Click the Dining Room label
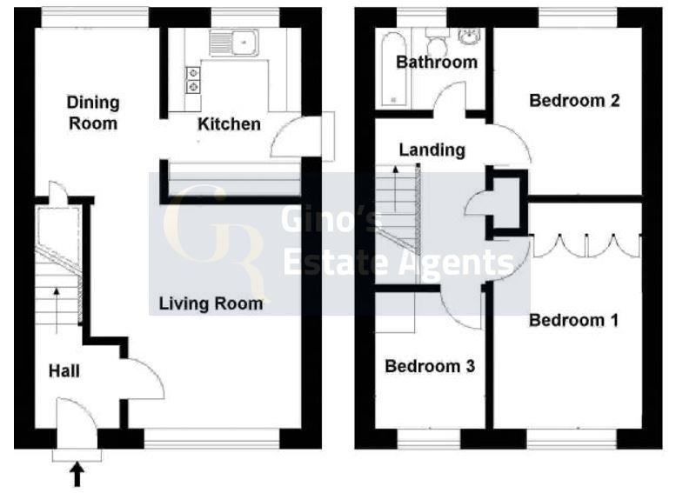(93, 113)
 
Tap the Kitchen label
(229, 124)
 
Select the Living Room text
(211, 303)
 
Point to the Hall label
(64, 371)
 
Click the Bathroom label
(437, 62)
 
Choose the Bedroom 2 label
(574, 101)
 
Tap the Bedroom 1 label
(574, 321)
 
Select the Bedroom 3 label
(430, 366)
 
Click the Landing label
(432, 150)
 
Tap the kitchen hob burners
(192, 80)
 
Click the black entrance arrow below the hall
(77, 474)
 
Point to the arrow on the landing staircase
(398, 183)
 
